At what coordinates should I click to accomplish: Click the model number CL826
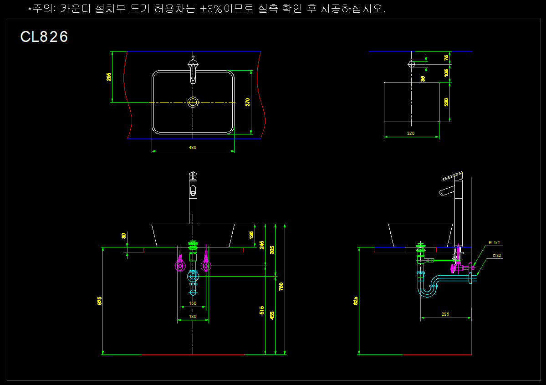(x=44, y=37)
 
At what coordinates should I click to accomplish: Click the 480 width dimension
(x=193, y=147)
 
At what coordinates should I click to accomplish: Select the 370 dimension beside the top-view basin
(x=248, y=102)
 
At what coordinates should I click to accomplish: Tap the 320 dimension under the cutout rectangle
(x=411, y=133)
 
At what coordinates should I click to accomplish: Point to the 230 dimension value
(x=447, y=102)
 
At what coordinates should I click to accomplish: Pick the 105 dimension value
(x=447, y=72)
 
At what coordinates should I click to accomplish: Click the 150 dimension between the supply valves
(x=193, y=303)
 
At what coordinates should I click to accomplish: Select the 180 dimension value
(x=193, y=316)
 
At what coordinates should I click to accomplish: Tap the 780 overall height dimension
(x=281, y=287)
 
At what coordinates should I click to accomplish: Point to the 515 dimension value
(x=262, y=310)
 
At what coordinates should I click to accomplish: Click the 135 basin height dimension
(x=252, y=235)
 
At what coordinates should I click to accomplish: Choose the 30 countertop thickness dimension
(x=123, y=236)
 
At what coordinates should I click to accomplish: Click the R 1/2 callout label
(x=494, y=243)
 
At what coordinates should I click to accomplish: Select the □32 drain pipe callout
(x=497, y=256)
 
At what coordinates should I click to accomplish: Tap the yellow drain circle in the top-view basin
(x=193, y=102)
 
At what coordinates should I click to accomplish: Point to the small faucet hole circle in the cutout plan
(x=411, y=64)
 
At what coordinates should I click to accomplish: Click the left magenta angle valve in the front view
(x=180, y=265)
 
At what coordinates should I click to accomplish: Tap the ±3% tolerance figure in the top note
(x=211, y=10)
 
